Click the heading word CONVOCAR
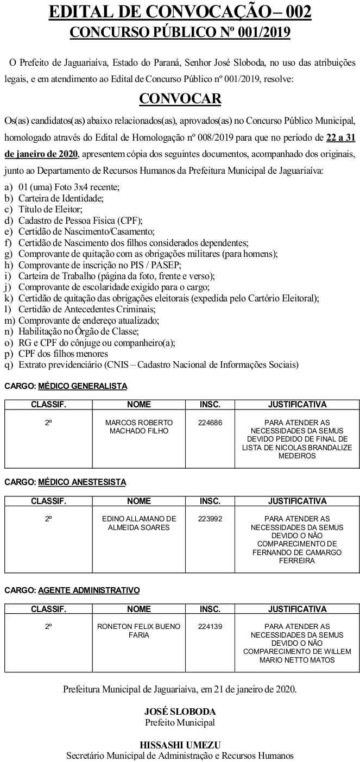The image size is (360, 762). pyautogui.click(x=180, y=98)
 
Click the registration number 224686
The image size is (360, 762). pyautogui.click(x=210, y=423)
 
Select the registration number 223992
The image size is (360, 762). pyautogui.click(x=210, y=519)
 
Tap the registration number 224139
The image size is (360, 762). pyautogui.click(x=210, y=626)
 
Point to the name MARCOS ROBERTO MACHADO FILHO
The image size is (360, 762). pyautogui.click(x=139, y=426)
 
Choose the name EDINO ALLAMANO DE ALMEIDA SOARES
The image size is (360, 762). pyautogui.click(x=139, y=523)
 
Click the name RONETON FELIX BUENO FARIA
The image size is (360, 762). pyautogui.click(x=139, y=631)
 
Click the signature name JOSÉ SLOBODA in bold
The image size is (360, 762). pyautogui.click(x=180, y=711)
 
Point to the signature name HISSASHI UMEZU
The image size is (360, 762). pyautogui.click(x=180, y=745)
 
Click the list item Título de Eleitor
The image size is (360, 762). pyautogui.click(x=50, y=209)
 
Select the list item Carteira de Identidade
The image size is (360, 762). pyautogui.click(x=61, y=198)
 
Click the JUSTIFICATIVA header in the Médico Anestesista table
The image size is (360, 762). pyautogui.click(x=297, y=501)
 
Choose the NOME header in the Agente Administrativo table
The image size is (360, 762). pyautogui.click(x=139, y=609)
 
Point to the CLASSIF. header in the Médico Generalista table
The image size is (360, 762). pyautogui.click(x=48, y=405)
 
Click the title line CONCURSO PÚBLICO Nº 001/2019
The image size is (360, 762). pyautogui.click(x=180, y=33)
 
